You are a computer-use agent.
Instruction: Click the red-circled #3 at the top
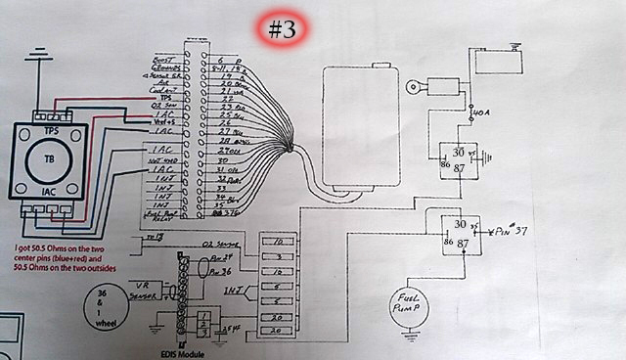[x=282, y=29]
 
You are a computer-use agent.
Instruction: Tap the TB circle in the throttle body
[x=49, y=158]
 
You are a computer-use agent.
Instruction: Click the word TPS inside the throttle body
[x=49, y=129]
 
